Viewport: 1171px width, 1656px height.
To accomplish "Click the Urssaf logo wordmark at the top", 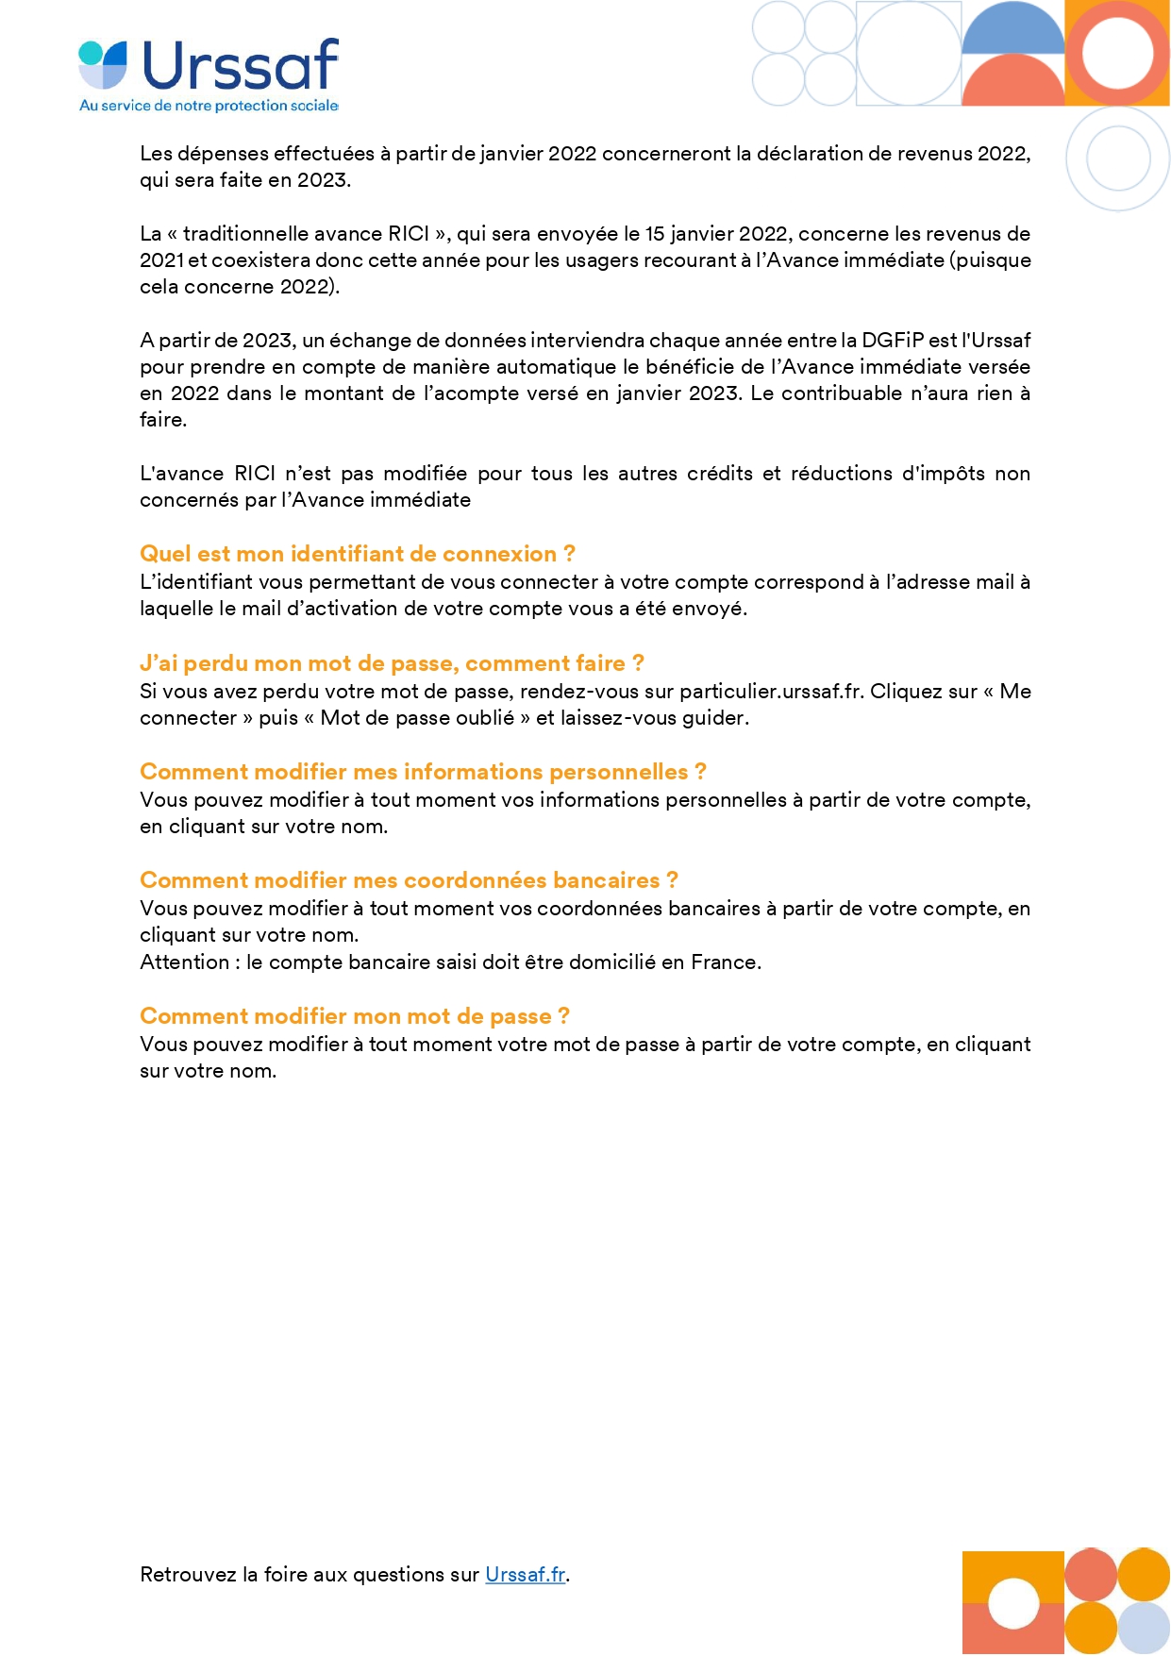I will tap(240, 65).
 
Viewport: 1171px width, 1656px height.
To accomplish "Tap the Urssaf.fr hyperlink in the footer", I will tap(525, 1574).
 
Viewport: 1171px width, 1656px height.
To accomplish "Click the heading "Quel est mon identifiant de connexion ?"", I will tap(357, 554).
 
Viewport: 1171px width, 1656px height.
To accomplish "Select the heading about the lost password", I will tap(392, 663).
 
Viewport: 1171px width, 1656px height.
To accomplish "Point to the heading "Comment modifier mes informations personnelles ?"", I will tap(423, 772).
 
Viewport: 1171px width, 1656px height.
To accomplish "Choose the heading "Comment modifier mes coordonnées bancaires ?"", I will tap(409, 880).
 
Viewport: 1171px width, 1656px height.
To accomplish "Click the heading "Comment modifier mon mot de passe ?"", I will tap(354, 1016).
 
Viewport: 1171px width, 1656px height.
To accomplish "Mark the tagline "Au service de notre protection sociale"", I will tap(209, 106).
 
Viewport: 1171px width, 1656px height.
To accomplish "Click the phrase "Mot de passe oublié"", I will tap(417, 718).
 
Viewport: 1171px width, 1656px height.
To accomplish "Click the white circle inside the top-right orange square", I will tap(1118, 52).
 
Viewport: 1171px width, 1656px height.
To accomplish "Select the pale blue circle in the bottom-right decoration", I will tap(1144, 1627).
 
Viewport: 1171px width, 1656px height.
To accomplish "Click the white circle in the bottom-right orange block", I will tap(1013, 1602).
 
